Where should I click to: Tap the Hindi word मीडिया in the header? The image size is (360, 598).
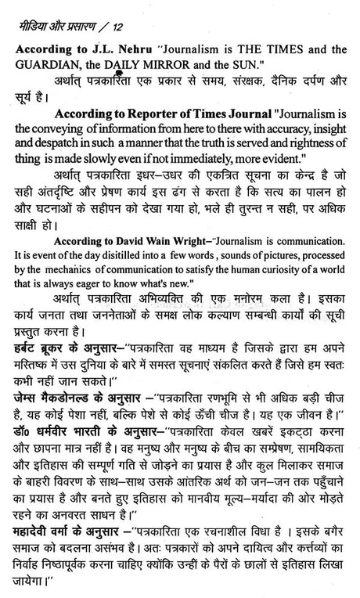(37, 11)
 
